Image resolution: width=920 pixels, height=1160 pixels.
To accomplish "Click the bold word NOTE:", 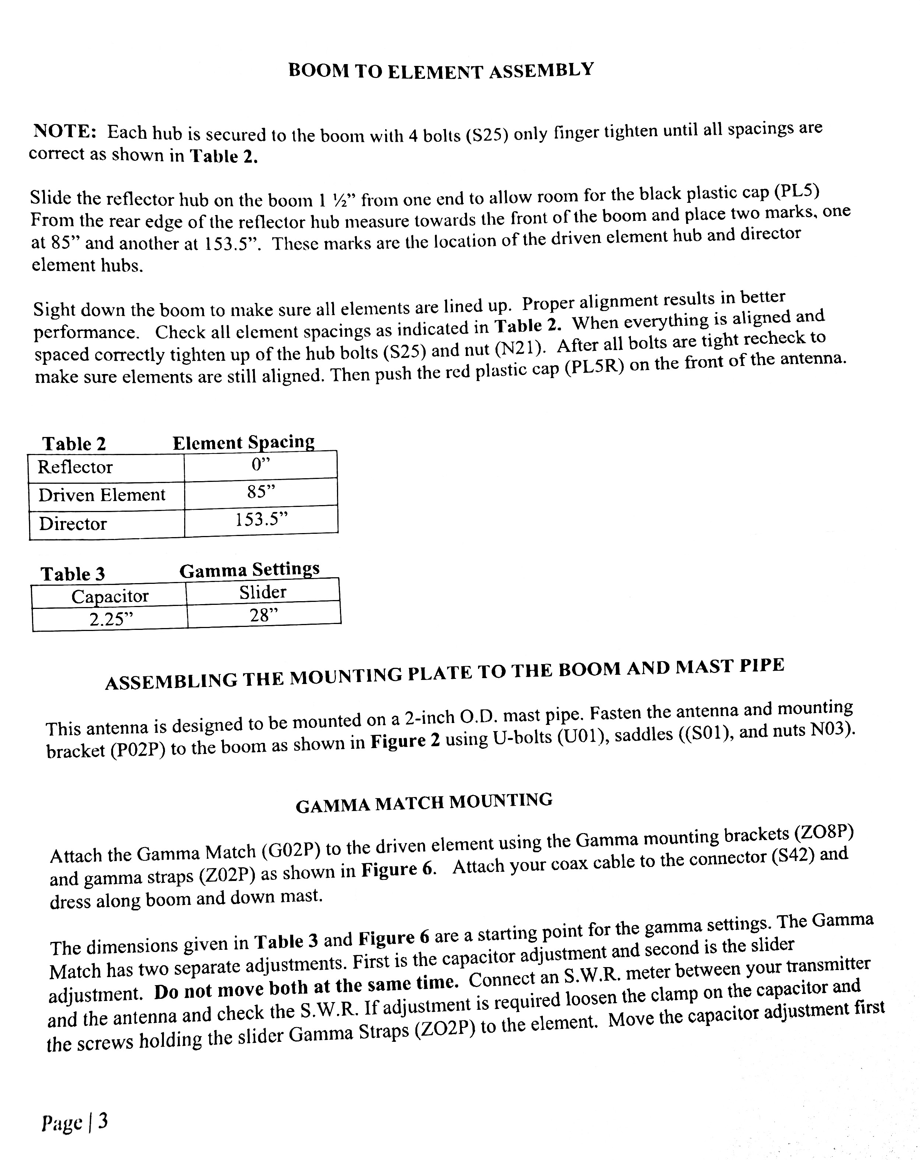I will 64,131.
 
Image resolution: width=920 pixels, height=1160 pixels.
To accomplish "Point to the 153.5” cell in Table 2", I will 261,520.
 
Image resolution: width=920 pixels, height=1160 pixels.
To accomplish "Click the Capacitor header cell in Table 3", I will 110,596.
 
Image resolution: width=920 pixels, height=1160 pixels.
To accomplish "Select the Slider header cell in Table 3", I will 263,592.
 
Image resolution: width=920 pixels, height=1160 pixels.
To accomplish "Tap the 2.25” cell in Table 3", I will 111,619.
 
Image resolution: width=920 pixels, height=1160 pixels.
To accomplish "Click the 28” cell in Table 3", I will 264,615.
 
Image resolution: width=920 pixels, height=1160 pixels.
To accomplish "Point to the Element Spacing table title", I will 243,442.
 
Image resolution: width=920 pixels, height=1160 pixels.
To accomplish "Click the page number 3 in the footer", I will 103,1121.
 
